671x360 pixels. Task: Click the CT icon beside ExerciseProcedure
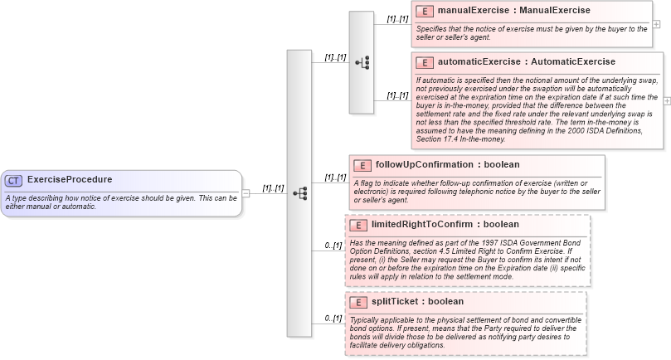tap(14, 180)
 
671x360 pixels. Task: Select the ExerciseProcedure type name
tap(70, 179)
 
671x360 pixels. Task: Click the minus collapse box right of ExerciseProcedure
tap(246, 193)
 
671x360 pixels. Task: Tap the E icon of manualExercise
tap(425, 12)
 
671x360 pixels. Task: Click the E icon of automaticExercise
tap(425, 62)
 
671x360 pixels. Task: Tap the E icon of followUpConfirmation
tap(361, 165)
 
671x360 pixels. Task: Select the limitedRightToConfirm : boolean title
tap(445, 224)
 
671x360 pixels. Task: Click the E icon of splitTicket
tap(357, 302)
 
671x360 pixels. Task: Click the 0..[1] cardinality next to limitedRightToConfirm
tap(333, 245)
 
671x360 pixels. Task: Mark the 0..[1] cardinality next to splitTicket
tap(333, 318)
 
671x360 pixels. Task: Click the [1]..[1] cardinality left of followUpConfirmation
tap(335, 177)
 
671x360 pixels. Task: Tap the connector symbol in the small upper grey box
tap(362, 62)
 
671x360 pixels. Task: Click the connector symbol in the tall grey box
tap(299, 192)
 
